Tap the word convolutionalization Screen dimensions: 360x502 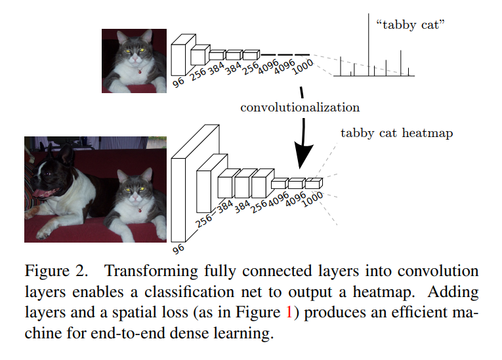[x=299, y=106]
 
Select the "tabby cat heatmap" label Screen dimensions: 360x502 [x=396, y=133]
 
